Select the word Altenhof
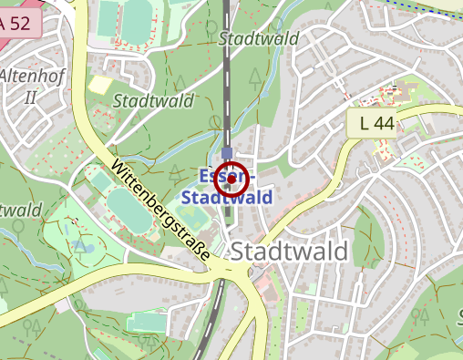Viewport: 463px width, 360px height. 32,76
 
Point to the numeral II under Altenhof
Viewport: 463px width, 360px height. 30,97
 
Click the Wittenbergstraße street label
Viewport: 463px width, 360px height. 160,209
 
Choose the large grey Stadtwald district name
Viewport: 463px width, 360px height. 289,252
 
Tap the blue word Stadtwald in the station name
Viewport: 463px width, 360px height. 227,197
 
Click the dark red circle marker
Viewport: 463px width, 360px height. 231,180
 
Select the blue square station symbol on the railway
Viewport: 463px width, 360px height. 227,152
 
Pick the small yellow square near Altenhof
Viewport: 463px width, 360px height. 98,85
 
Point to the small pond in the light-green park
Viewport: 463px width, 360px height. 87,246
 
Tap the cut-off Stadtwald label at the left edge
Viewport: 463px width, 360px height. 20,211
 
